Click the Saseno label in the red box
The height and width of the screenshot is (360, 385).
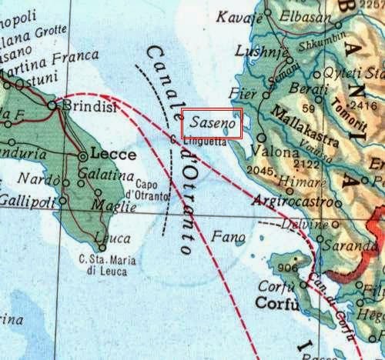(x=212, y=123)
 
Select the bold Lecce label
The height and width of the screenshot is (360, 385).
(x=113, y=154)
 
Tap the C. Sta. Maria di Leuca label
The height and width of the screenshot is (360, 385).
(x=107, y=263)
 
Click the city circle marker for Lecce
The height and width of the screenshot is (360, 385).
(x=83, y=156)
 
